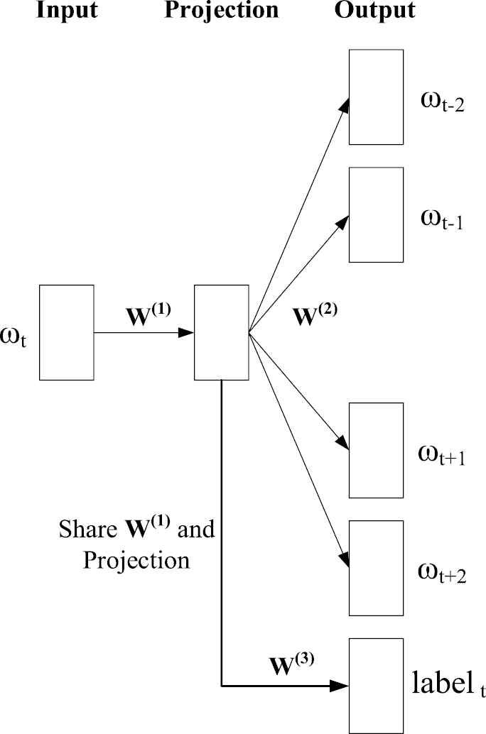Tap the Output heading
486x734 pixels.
pos(375,11)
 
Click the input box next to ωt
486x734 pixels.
pos(67,332)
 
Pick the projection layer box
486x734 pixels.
pos(221,332)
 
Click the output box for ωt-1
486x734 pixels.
pos(376,214)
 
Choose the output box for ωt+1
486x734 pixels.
pos(376,450)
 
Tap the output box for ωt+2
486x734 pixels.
pos(376,568)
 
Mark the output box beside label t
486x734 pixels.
pos(376,685)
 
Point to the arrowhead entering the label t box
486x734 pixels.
pos(342,686)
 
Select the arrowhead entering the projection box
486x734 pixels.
pos(188,332)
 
